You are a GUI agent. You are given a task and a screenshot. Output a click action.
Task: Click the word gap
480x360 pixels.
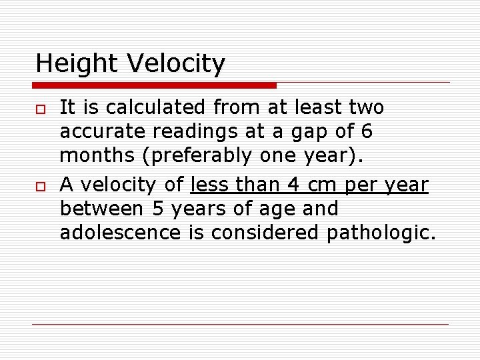(x=305, y=132)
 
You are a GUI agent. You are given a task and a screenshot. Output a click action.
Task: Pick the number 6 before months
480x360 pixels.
(x=366, y=132)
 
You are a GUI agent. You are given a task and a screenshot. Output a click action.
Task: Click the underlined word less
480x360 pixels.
(x=211, y=185)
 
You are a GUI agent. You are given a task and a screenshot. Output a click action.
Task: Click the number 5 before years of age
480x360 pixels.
(x=158, y=209)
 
